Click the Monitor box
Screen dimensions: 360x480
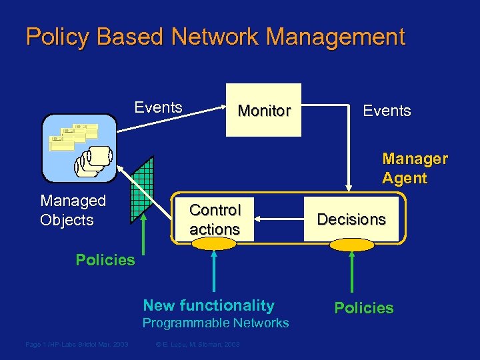point(264,110)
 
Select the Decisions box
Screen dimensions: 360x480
point(351,219)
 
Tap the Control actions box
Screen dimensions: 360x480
point(215,219)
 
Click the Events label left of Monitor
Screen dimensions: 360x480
point(159,107)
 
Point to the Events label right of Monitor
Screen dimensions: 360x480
point(387,111)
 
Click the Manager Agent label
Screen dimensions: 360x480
point(415,168)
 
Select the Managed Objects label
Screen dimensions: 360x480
point(73,210)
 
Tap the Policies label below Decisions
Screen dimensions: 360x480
point(364,308)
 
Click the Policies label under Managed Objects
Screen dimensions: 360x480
point(105,260)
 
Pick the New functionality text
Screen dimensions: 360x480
point(209,305)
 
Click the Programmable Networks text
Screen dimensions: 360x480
point(216,323)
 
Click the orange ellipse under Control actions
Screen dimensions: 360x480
point(213,244)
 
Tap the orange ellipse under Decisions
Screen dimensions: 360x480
point(352,245)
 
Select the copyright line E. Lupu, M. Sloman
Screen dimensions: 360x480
point(197,344)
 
